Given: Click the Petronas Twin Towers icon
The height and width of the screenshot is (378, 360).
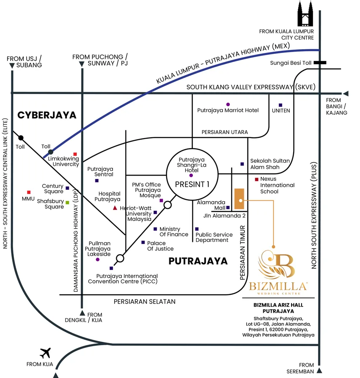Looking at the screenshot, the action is tap(305, 13).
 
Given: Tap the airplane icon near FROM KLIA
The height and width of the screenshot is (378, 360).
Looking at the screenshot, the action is tap(45, 353).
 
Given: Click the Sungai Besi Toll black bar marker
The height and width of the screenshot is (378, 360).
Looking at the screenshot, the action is tap(320, 63).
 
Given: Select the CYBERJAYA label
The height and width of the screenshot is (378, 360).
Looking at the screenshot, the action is tap(47, 115).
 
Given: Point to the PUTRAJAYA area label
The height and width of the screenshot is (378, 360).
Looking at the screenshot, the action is tap(198, 261).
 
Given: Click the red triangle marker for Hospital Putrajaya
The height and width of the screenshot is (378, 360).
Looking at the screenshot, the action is tap(115, 208).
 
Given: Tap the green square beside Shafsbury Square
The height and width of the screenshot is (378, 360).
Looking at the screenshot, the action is tap(67, 202).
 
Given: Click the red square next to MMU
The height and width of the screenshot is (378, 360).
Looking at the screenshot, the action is tap(29, 192).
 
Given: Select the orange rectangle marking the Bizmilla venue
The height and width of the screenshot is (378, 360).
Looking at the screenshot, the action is tap(239, 199).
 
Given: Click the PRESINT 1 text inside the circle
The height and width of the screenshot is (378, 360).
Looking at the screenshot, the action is tap(192, 184).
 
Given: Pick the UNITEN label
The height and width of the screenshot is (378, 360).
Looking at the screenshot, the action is tap(281, 110).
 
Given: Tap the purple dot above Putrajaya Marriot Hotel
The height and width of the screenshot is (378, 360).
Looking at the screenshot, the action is tap(228, 105).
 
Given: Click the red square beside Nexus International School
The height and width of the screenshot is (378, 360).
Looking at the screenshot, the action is tap(257, 179).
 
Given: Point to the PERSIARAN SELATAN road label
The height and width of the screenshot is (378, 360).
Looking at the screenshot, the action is tap(145, 302).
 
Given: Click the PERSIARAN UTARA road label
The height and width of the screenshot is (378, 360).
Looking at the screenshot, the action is tap(225, 132).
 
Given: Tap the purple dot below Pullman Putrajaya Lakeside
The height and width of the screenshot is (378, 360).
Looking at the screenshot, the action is tap(97, 260).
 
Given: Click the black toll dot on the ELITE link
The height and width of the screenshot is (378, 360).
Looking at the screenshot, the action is tap(21, 138).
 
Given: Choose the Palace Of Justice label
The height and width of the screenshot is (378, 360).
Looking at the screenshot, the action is tap(160, 246).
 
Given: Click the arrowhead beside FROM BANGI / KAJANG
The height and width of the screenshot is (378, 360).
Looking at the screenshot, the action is tap(346, 93).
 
